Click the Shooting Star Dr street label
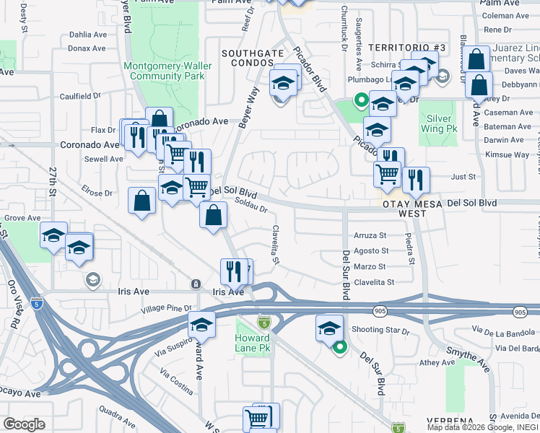click(380, 331)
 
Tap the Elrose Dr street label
click(97, 193)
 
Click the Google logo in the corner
click(24, 424)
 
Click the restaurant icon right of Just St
click(416, 180)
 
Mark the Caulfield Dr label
click(80, 95)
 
